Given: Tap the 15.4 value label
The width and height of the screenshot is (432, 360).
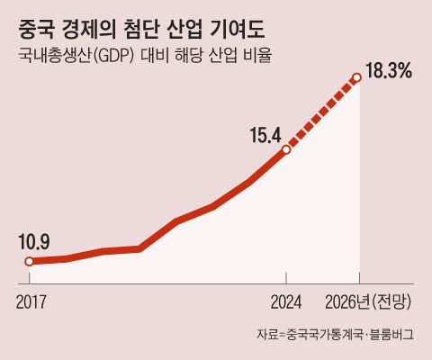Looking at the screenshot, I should pyautogui.click(x=267, y=136).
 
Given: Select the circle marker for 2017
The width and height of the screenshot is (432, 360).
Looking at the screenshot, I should pyautogui.click(x=29, y=262).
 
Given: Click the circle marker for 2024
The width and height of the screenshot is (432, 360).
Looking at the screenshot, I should pyautogui.click(x=286, y=149).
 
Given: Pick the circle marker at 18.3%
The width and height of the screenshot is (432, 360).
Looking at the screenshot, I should pyautogui.click(x=357, y=78).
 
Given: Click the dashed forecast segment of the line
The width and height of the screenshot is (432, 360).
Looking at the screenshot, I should pyautogui.click(x=322, y=113).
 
